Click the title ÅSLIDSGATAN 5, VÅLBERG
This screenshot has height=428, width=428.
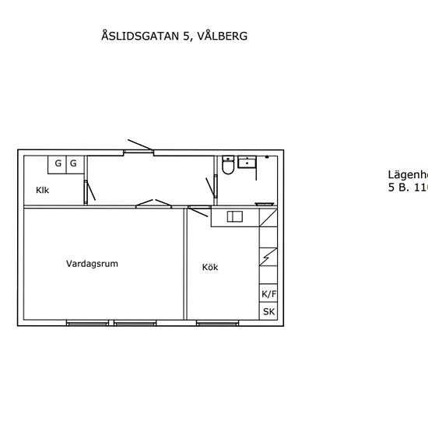174,36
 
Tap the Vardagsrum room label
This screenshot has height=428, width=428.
92,264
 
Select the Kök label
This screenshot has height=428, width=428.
210,267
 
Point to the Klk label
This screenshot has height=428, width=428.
43,190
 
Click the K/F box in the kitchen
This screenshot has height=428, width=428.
268,294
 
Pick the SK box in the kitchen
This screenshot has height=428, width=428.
268,312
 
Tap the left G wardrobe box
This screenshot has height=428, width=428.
58,163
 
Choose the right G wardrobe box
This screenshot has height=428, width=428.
74,163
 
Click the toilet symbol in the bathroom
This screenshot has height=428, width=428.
227,166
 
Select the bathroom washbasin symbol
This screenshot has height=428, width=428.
247,162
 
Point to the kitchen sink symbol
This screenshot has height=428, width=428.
234,217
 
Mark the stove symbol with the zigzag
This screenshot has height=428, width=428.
268,255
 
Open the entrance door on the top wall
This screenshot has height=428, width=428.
141,146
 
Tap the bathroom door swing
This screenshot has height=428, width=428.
210,189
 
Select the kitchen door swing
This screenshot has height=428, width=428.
198,208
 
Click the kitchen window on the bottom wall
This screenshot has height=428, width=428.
216,322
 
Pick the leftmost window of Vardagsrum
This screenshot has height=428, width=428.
87,322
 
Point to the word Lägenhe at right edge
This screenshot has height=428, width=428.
408,175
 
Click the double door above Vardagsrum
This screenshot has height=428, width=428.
153,204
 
